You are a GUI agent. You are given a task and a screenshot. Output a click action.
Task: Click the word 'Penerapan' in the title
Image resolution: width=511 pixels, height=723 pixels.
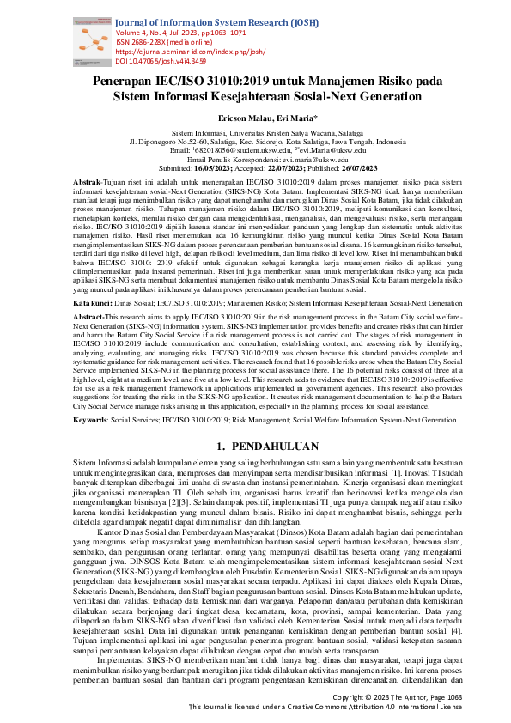click(133, 81)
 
